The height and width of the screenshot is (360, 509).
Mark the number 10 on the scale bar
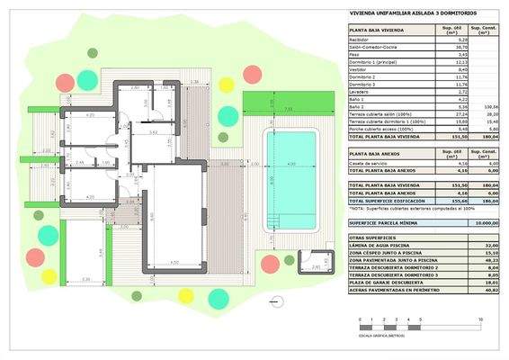click(x=481, y=319)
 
